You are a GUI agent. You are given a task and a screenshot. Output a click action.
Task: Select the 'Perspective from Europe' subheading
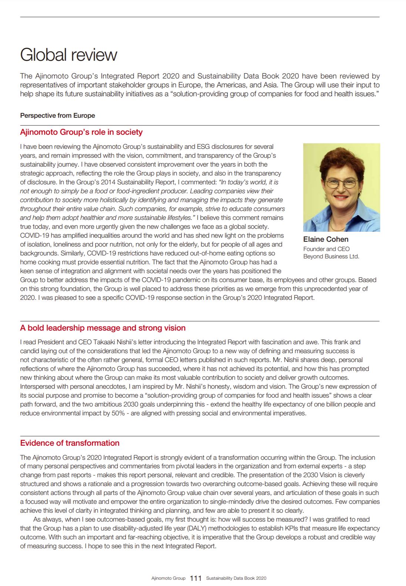click(57, 115)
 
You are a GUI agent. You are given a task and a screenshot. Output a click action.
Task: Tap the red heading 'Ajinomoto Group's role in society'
click(81, 132)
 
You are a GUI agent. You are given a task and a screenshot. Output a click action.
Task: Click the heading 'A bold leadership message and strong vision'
click(103, 328)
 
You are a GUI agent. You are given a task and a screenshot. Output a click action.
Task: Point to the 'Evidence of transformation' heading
click(70, 443)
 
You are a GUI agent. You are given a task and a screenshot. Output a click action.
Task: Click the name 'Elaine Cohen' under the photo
click(326, 239)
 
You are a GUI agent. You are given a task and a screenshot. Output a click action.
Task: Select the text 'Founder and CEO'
click(326, 249)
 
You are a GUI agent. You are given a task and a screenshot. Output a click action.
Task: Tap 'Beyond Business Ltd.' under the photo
click(331, 256)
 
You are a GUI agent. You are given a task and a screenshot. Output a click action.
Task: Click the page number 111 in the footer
click(195, 578)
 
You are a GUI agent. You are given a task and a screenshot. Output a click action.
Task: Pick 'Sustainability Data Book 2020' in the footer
click(236, 578)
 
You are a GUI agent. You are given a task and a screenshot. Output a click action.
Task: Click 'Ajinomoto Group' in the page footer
click(168, 578)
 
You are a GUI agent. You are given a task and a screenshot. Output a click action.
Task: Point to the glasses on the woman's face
click(341, 183)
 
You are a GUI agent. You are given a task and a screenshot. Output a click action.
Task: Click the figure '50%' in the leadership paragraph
click(118, 413)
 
